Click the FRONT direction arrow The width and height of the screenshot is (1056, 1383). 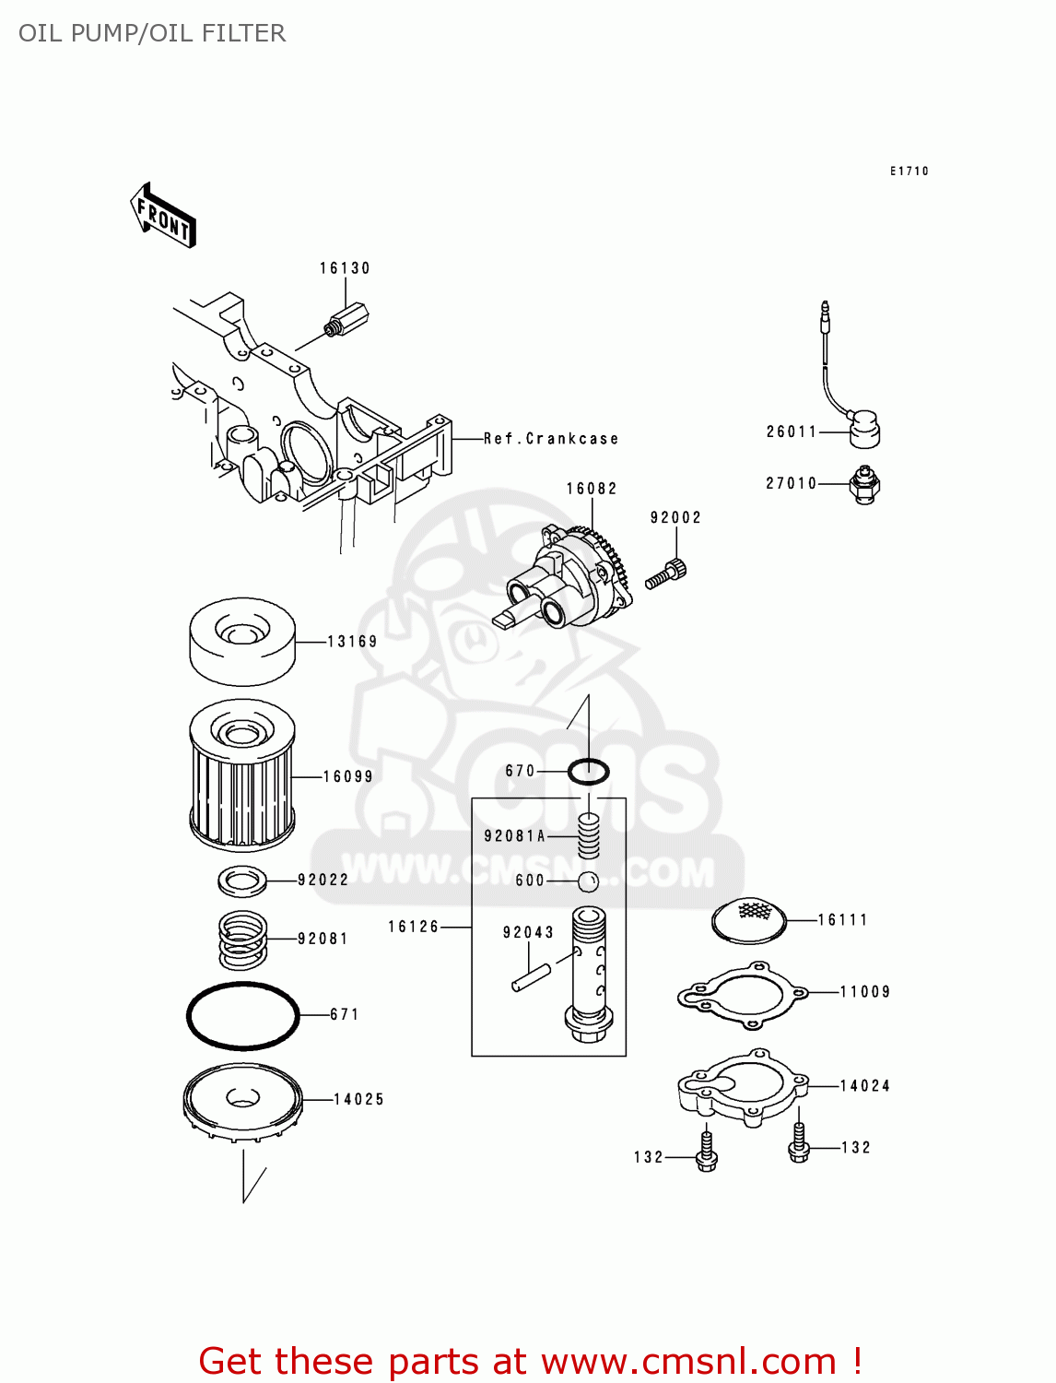point(163,216)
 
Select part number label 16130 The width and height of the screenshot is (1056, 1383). point(345,268)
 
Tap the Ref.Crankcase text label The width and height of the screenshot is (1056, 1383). point(551,439)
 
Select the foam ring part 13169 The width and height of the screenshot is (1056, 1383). point(242,641)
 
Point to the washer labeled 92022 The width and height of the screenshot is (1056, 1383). point(242,881)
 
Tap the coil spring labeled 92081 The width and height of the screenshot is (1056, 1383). point(242,939)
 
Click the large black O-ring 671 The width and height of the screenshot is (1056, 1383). point(243,1015)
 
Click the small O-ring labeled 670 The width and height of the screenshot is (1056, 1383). point(588,771)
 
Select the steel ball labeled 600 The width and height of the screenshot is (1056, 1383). point(589,881)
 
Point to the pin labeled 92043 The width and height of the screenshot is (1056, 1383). point(532,977)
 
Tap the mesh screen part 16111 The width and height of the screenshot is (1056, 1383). point(750,919)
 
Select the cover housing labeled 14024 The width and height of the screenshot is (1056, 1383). point(743,1087)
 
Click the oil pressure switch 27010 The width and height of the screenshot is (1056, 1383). point(864,484)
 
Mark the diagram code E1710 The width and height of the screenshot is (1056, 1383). point(909,171)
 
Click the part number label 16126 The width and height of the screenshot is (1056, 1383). point(414,927)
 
